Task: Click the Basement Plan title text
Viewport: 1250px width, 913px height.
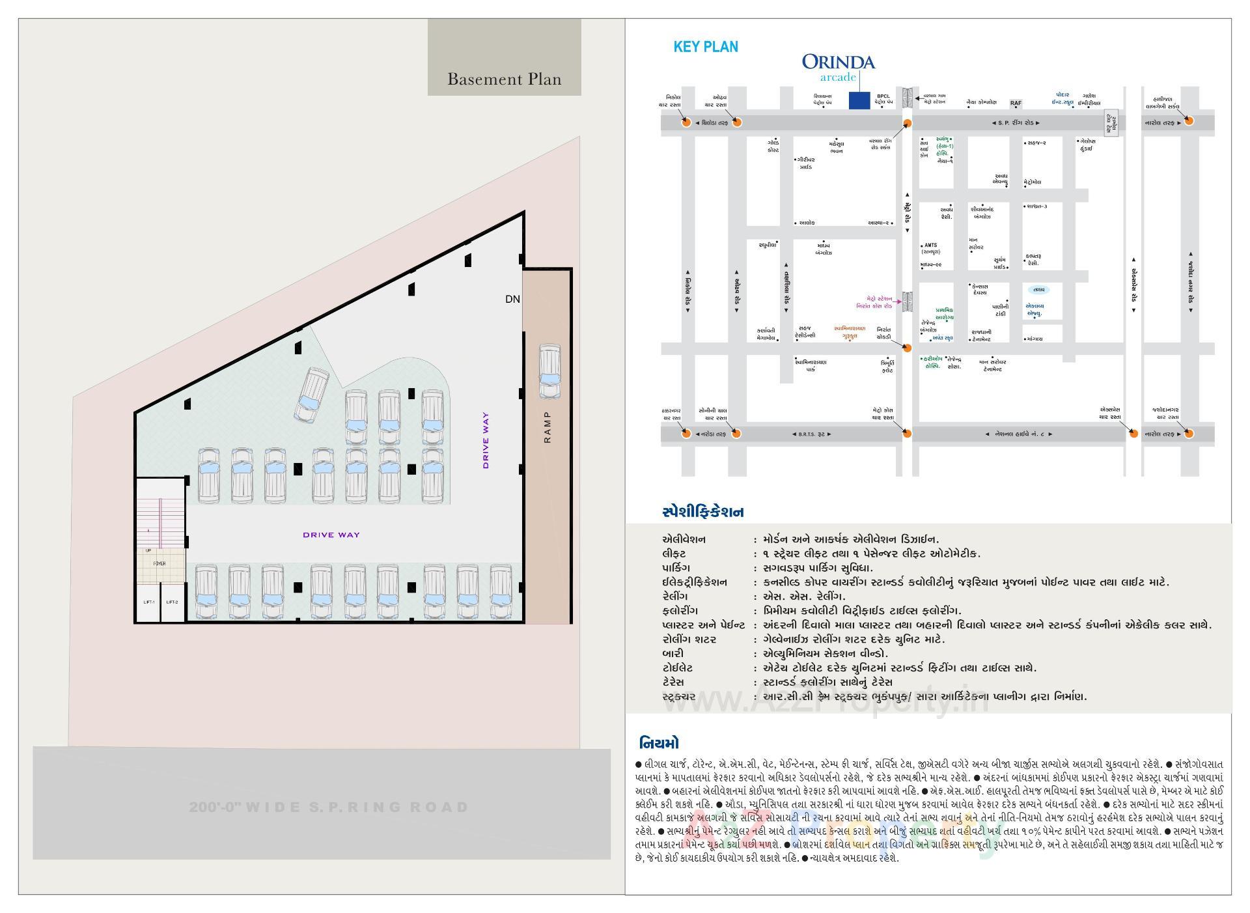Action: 504,79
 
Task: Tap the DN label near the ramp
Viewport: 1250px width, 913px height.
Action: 512,299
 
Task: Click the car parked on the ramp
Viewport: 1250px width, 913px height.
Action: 549,372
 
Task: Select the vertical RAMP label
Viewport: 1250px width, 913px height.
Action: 547,427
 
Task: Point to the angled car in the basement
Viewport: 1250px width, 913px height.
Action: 312,395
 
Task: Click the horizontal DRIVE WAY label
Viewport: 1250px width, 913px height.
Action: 331,535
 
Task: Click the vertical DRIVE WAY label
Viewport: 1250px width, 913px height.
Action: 486,440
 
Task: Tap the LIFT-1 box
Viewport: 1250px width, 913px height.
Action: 149,602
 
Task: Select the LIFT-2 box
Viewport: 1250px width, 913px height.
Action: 172,602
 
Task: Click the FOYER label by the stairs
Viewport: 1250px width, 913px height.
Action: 160,563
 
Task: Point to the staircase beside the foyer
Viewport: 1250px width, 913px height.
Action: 160,514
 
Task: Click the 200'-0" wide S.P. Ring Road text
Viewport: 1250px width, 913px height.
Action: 329,808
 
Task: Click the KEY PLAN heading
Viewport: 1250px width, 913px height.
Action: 706,47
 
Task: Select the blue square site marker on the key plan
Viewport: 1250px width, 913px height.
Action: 859,101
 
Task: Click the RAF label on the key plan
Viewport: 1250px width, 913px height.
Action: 1016,103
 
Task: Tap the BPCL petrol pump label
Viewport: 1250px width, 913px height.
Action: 883,99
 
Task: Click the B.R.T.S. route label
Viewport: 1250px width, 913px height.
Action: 811,434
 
